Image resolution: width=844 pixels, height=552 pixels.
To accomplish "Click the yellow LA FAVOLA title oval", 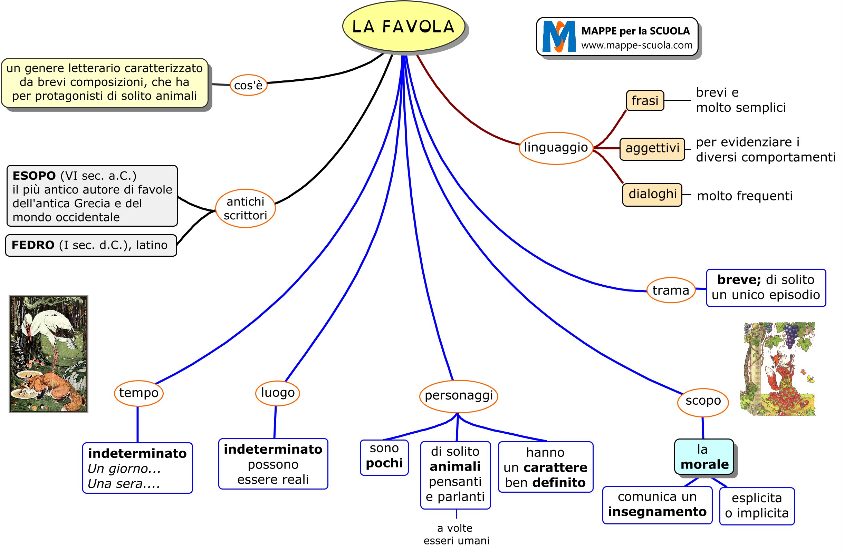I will click(404, 27).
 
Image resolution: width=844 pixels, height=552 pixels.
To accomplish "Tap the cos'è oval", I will click(248, 85).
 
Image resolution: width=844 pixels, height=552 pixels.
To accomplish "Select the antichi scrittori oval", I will click(246, 208).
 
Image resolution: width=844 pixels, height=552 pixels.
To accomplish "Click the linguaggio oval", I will click(556, 148).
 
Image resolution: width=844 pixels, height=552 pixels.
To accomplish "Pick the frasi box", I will click(645, 101).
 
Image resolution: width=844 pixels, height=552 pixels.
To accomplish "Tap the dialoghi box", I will click(652, 195).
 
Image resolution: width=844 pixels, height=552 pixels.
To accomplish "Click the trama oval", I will click(671, 290).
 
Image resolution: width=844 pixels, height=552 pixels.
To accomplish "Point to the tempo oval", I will click(139, 393).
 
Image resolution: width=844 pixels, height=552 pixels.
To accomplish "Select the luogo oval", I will click(277, 393).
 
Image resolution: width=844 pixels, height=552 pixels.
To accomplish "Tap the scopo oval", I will click(703, 401).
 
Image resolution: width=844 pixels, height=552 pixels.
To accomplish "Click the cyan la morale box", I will click(704, 457).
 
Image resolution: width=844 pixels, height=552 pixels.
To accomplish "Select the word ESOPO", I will click(34, 176).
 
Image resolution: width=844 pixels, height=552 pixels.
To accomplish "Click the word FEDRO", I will click(33, 245).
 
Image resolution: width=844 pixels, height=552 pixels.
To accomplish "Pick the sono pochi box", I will click(384, 457).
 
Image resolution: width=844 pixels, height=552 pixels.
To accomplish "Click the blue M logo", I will click(559, 37).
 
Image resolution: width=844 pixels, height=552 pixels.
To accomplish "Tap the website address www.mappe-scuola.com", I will click(636, 45).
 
